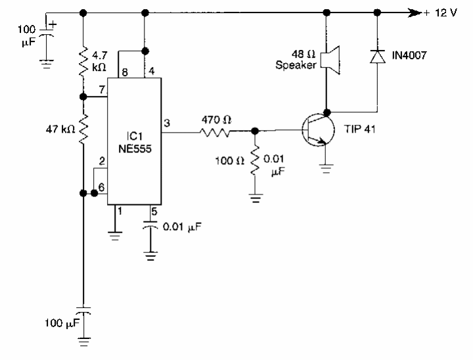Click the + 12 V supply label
(x=441, y=12)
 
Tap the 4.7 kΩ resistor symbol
(x=83, y=60)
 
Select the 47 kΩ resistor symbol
(x=83, y=129)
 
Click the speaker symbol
(x=328, y=58)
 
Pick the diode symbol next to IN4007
(x=377, y=58)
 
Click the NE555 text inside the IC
(x=135, y=149)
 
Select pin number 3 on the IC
(x=166, y=123)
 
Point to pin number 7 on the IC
(x=102, y=89)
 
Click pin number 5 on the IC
(x=155, y=211)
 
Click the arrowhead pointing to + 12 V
(x=414, y=12)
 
